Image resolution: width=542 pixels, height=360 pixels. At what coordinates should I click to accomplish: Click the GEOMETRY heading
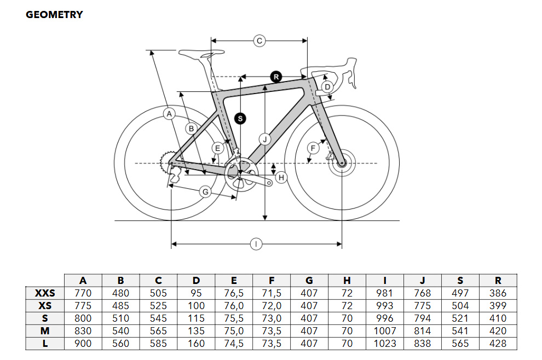[x=54, y=15]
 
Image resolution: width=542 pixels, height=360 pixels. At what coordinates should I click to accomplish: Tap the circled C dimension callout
[x=260, y=41]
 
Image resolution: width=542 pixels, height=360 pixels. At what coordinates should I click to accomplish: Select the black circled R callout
[x=276, y=77]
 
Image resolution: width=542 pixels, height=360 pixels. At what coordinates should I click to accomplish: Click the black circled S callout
[x=240, y=119]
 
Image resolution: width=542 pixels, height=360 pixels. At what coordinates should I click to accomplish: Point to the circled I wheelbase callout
[x=256, y=244]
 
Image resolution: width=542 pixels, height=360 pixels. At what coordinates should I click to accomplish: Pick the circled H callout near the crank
[x=281, y=178]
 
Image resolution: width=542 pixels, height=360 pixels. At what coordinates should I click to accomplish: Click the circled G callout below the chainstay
[x=205, y=191]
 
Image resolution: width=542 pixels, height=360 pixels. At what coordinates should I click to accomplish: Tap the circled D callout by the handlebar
[x=327, y=87]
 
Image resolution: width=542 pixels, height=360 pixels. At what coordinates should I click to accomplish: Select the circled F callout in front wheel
[x=313, y=149]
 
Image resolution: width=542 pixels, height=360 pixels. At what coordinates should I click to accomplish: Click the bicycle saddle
[x=201, y=54]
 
